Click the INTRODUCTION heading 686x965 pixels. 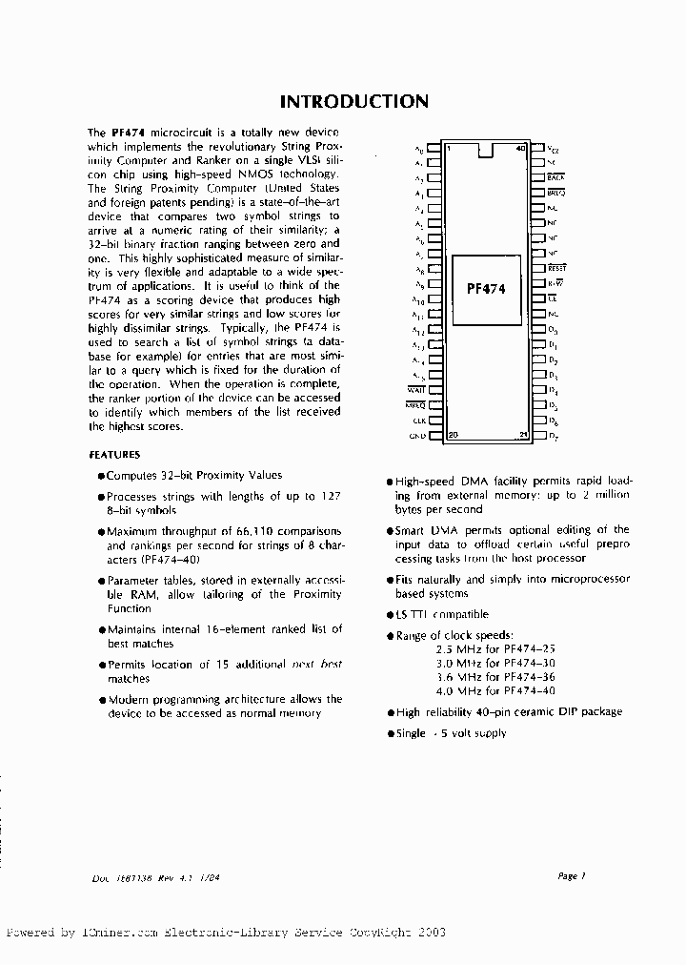click(x=353, y=101)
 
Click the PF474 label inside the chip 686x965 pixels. click(x=486, y=289)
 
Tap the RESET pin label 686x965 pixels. click(x=556, y=269)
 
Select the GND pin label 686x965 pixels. click(x=417, y=436)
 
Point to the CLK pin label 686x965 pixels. click(x=418, y=421)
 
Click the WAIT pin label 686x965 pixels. click(x=416, y=390)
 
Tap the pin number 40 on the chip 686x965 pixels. click(x=519, y=148)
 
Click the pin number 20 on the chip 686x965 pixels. click(x=453, y=435)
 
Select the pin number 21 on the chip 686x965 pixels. click(x=523, y=435)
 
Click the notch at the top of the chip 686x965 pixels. click(x=486, y=150)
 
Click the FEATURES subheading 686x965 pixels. click(x=114, y=455)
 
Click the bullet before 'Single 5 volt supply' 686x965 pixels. click(x=390, y=734)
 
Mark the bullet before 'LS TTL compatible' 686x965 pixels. click(x=390, y=616)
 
